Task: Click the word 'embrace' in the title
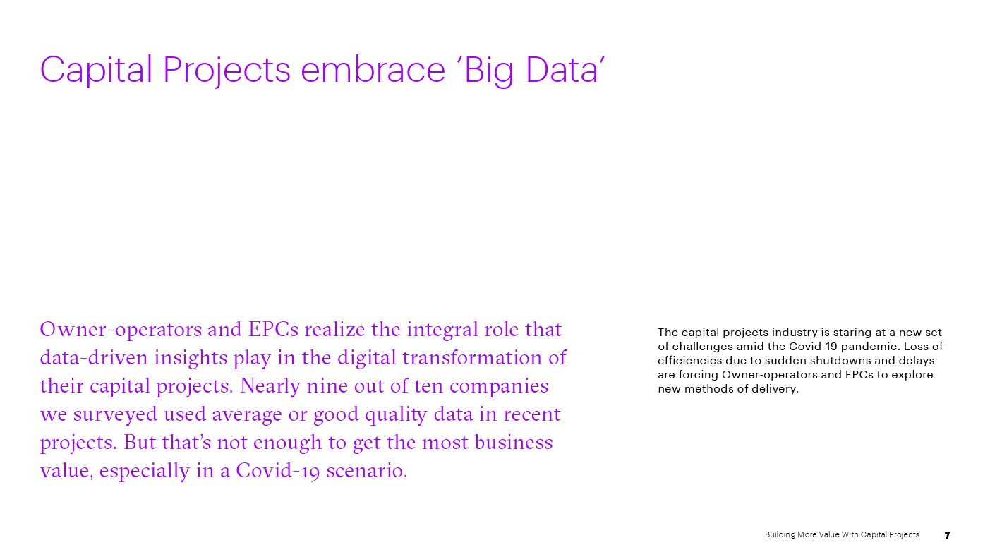click(373, 69)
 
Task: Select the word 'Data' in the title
click(562, 69)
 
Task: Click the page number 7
click(947, 535)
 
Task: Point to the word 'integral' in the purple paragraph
click(443, 330)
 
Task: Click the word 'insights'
click(191, 358)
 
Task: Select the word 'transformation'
click(472, 358)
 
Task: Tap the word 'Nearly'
click(270, 386)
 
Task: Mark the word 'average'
click(247, 415)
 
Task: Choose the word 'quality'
click(396, 415)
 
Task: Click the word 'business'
click(514, 442)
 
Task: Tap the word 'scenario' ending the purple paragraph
click(366, 471)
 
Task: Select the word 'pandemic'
click(871, 347)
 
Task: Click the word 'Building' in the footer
click(780, 535)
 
